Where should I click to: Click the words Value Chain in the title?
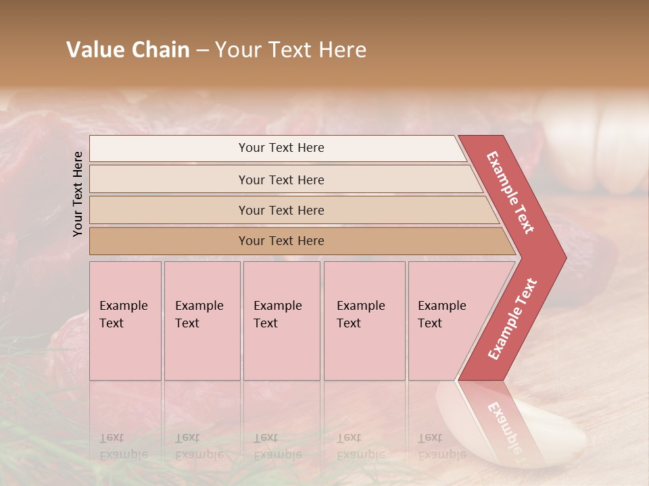pyautogui.click(x=128, y=50)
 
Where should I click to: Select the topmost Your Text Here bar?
pyautogui.click(x=281, y=148)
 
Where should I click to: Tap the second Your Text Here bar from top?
pyautogui.click(x=281, y=180)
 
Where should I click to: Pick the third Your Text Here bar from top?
pyautogui.click(x=281, y=210)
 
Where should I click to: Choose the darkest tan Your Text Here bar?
pyautogui.click(x=281, y=241)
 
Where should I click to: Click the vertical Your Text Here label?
pyautogui.click(x=78, y=194)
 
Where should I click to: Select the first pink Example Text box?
pyautogui.click(x=125, y=320)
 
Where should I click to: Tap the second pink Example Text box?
pyautogui.click(x=201, y=320)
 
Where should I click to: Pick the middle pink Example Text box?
pyautogui.click(x=281, y=320)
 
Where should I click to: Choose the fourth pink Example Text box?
pyautogui.click(x=364, y=320)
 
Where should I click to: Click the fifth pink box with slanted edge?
pyautogui.click(x=446, y=320)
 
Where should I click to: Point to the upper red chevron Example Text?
pyautogui.click(x=510, y=192)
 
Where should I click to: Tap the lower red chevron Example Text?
pyautogui.click(x=512, y=319)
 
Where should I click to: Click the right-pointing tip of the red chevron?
pyautogui.click(x=562, y=257)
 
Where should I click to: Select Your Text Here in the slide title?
pyautogui.click(x=291, y=50)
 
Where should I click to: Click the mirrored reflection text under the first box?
pyautogui.click(x=123, y=446)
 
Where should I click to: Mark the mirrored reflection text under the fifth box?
pyautogui.click(x=441, y=446)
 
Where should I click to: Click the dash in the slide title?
pyautogui.click(x=202, y=50)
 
